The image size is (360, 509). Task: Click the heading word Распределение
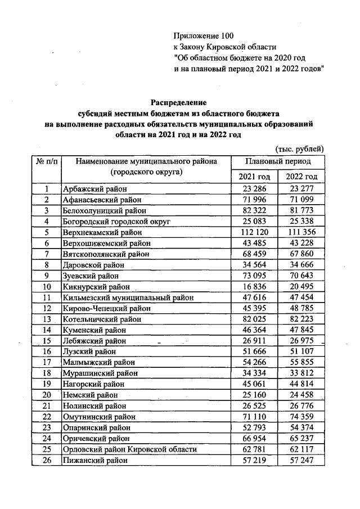pos(178,103)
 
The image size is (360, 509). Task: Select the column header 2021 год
pos(254,177)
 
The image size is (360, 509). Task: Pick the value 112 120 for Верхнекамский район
pos(254,232)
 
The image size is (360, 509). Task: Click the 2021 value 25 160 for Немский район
pos(254,395)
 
